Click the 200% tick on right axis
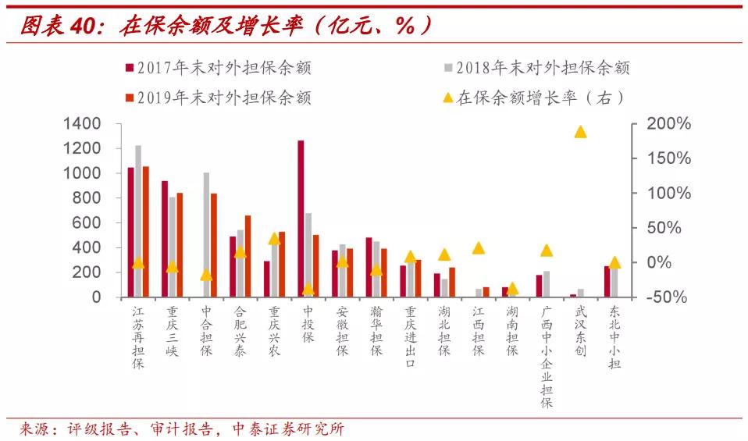point(671,124)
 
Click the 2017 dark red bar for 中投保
point(301,219)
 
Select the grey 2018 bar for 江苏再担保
point(138,221)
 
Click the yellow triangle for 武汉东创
point(580,132)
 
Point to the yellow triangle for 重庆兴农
point(274,239)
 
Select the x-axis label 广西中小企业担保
point(547,357)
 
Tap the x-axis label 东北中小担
point(614,336)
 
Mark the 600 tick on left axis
point(86,223)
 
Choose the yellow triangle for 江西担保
point(479,248)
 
